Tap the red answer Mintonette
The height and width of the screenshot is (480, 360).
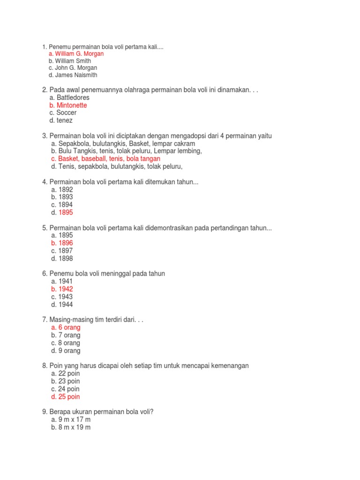[x=69, y=105]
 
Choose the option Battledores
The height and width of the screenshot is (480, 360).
[x=70, y=97]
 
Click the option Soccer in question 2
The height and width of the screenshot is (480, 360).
[x=64, y=113]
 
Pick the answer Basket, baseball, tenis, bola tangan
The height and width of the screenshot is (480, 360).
[x=105, y=159]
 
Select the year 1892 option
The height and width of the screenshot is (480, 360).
[x=62, y=190]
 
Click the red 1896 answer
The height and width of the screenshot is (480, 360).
[x=62, y=243]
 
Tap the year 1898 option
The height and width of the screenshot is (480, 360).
[x=62, y=259]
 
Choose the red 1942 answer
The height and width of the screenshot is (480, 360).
[x=62, y=289]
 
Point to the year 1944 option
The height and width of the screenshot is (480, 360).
[x=62, y=305]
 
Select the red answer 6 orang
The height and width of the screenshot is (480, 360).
[x=66, y=328]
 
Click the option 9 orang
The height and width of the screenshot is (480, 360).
[x=66, y=351]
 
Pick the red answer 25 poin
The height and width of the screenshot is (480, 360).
[x=66, y=397]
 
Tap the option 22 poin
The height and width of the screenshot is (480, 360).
[x=66, y=374]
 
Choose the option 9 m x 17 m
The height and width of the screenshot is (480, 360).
[x=71, y=420]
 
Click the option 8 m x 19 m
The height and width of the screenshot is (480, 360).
[x=71, y=427]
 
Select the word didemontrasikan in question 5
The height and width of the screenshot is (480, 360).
[x=180, y=228]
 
